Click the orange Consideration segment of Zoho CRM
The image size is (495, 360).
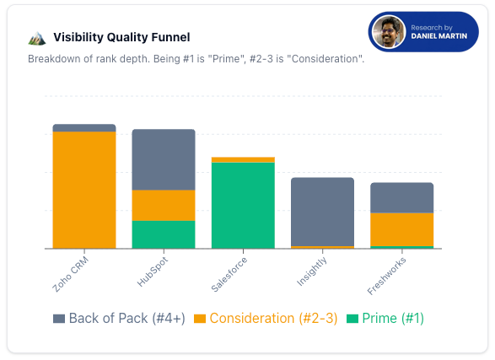(84, 190)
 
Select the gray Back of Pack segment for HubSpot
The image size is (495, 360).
(164, 159)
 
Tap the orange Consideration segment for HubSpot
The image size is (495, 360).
(164, 205)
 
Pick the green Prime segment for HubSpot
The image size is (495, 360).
(164, 234)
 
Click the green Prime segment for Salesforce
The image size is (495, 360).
(243, 205)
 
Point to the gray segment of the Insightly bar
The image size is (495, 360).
(322, 212)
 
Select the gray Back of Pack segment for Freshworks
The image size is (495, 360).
(401, 197)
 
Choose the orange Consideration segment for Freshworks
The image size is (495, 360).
(401, 229)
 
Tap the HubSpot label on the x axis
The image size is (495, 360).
(152, 271)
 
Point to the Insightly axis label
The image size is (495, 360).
(310, 271)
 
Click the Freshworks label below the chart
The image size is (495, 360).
(386, 274)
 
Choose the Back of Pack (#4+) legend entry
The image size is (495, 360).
(117, 318)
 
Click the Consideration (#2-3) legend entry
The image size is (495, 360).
(265, 318)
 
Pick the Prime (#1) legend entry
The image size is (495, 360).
(385, 318)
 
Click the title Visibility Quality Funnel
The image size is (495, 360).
(121, 37)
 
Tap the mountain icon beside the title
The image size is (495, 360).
(36, 37)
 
